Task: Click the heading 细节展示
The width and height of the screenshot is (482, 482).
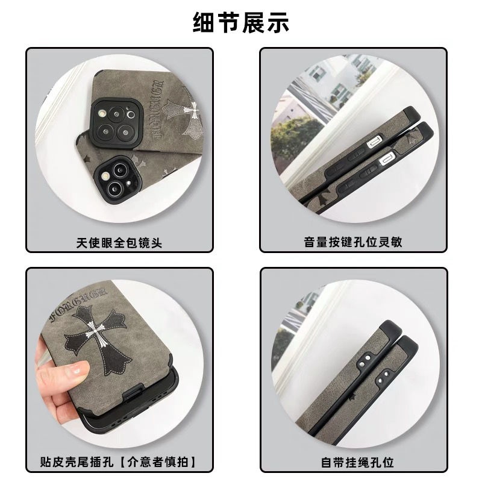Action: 240,22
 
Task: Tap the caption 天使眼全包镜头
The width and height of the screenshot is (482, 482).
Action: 119,243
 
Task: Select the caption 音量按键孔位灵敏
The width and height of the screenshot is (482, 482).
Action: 353,242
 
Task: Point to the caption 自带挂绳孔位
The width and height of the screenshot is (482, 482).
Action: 357,462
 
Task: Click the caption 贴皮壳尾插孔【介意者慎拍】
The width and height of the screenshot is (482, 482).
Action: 119,462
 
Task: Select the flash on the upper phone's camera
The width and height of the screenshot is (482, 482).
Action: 102,113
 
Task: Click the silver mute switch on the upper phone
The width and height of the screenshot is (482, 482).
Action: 374,141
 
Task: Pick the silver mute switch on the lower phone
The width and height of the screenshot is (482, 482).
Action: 386,159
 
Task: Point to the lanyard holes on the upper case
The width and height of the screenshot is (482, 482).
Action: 364,361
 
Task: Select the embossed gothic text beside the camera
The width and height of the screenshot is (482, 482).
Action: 157,109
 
